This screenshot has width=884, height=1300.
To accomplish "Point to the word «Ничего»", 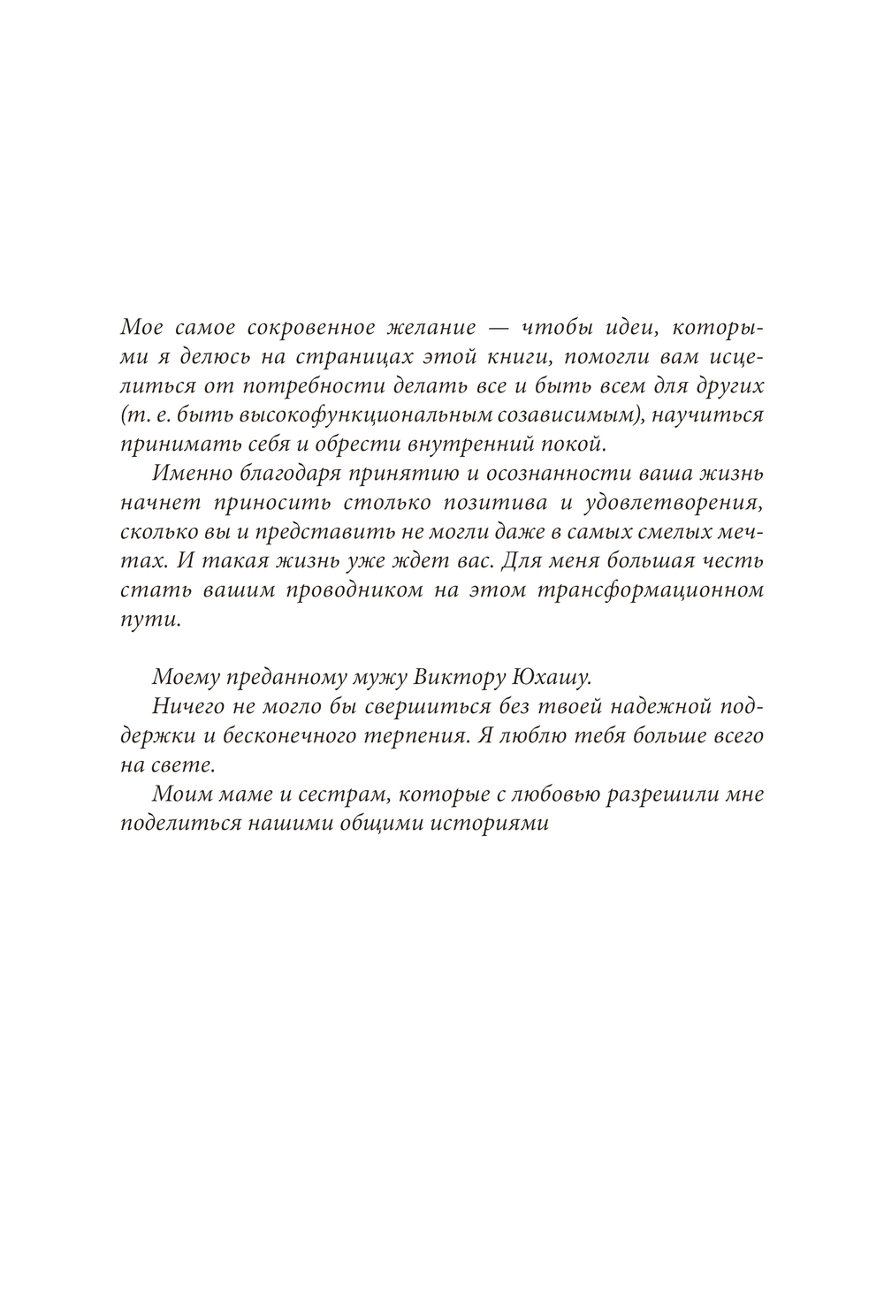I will [183, 707].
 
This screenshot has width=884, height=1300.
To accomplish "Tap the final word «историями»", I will [499, 823].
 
